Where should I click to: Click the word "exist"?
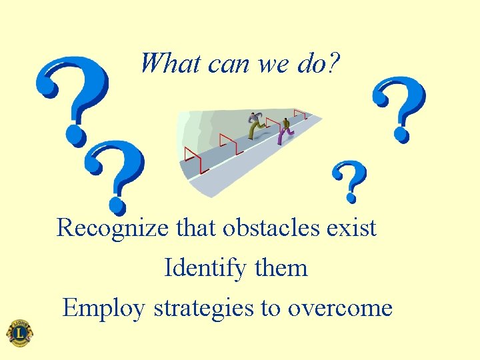pyautogui.click(x=352, y=228)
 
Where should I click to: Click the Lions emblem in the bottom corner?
pyautogui.click(x=19, y=333)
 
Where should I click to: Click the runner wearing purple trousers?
pyautogui.click(x=285, y=131)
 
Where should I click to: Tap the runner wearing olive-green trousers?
pyautogui.click(x=255, y=125)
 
